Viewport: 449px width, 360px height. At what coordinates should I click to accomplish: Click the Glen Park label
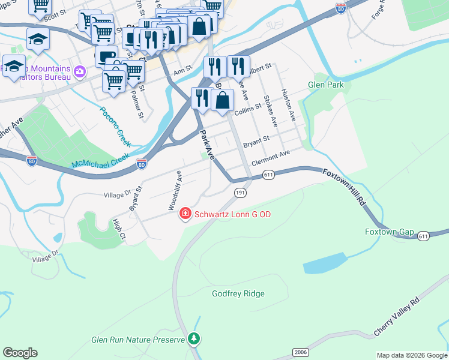(326, 85)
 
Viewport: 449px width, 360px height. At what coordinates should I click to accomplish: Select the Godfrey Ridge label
(238, 293)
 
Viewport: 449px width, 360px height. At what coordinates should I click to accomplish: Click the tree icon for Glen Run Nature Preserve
(194, 340)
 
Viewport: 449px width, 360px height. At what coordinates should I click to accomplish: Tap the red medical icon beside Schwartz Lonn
(185, 214)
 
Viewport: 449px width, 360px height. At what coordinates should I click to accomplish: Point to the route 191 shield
(240, 192)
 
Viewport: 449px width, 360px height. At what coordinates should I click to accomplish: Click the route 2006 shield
(301, 352)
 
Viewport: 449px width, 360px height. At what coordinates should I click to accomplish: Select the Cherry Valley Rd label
(397, 316)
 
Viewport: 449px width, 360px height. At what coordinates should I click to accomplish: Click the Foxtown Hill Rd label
(344, 188)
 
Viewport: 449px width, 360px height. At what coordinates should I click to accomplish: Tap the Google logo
(20, 353)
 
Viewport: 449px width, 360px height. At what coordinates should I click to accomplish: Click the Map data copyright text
(411, 355)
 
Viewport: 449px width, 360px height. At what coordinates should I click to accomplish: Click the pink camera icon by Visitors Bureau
(80, 72)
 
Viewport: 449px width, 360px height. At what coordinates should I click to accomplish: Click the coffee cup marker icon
(106, 57)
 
